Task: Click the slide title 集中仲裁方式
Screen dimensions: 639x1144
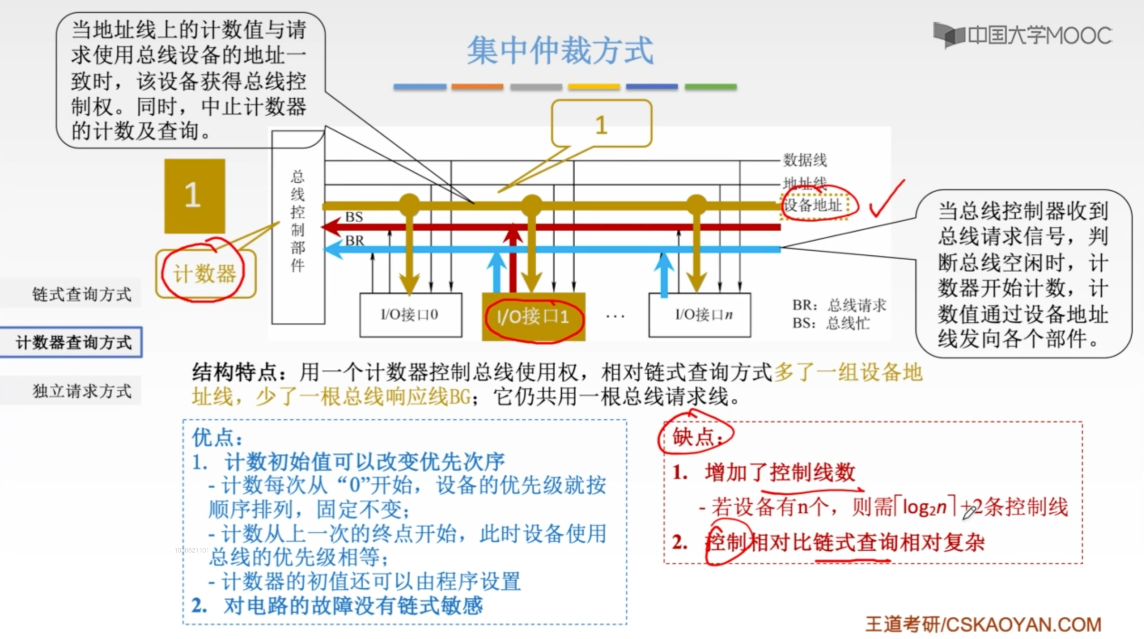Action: (560, 51)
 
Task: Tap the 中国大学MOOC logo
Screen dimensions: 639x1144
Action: (1022, 35)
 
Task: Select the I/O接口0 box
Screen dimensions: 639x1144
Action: (410, 315)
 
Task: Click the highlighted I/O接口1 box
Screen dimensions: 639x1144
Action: (533, 316)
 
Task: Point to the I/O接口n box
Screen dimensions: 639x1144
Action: (700, 315)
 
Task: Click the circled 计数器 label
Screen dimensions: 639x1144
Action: (205, 273)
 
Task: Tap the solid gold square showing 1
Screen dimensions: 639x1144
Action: (194, 196)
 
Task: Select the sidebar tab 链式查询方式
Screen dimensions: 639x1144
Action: (82, 294)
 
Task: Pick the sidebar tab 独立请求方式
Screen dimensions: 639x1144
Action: (82, 391)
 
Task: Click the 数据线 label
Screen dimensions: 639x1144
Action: (805, 160)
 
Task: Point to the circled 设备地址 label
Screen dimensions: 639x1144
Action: (813, 205)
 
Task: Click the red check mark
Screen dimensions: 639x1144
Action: (886, 200)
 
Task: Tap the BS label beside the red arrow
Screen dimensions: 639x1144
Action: (354, 217)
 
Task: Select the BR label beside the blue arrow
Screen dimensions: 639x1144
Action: (354, 240)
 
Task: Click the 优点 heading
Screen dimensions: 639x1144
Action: (217, 438)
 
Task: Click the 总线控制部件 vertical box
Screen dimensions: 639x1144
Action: (298, 226)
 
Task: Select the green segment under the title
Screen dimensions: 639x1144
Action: (710, 86)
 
